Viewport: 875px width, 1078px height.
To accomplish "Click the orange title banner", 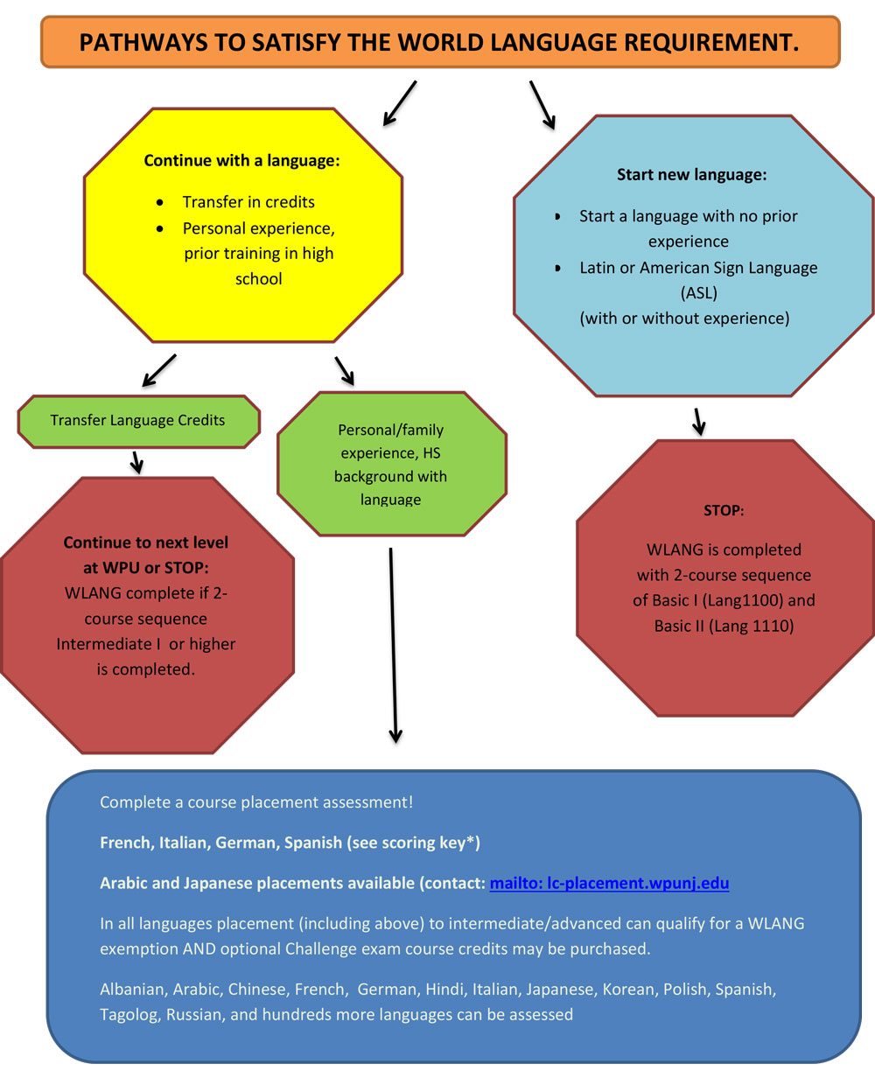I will (440, 42).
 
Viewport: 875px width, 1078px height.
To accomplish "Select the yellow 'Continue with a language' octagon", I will (243, 225).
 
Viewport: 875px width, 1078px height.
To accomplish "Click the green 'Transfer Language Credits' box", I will (138, 421).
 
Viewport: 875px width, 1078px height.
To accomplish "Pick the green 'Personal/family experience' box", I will (391, 465).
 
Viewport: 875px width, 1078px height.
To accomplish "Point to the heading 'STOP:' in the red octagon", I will (724, 510).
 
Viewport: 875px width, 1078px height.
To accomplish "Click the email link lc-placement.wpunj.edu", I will (609, 883).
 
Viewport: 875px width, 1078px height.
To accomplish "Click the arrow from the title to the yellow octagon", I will (399, 103).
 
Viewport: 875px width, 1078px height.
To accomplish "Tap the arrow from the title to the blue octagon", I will (542, 105).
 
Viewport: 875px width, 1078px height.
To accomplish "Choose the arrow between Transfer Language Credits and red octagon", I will (136, 462).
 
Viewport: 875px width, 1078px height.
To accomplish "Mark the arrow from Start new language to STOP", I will (698, 421).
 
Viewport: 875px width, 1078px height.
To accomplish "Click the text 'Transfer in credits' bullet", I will (248, 202).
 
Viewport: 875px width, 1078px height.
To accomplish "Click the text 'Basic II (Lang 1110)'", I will (724, 626).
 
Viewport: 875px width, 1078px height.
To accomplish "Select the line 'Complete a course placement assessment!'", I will (256, 802).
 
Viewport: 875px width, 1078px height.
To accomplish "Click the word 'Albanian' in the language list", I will (131, 990).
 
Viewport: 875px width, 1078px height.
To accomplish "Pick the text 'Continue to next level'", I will (145, 542).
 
